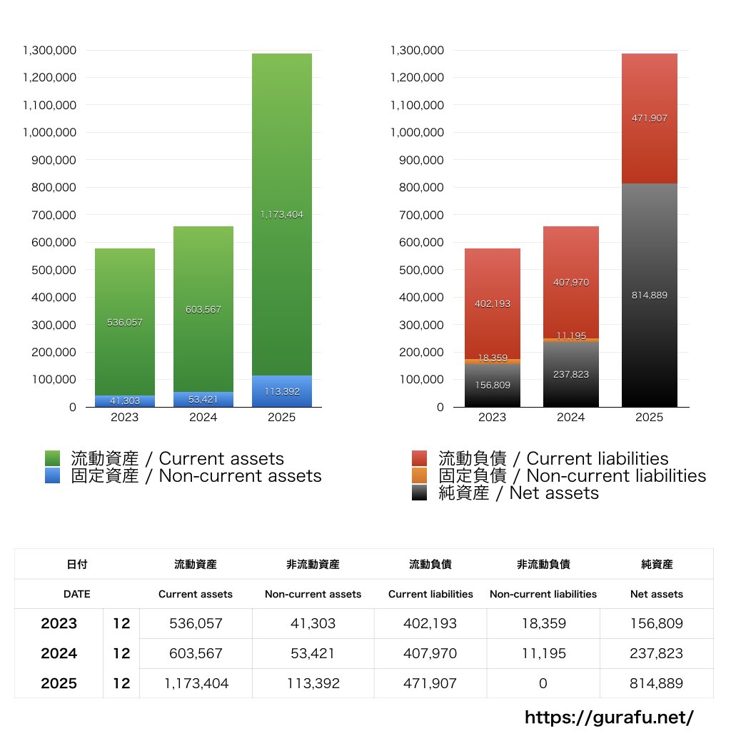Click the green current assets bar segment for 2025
pyautogui.click(x=281, y=214)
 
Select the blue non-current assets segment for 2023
pyautogui.click(x=125, y=401)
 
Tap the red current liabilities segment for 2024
pyautogui.click(x=571, y=282)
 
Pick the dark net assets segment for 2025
pyautogui.click(x=650, y=295)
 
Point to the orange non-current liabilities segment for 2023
pyautogui.click(x=493, y=362)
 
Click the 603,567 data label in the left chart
pyautogui.click(x=203, y=310)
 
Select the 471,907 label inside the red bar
pyautogui.click(x=650, y=119)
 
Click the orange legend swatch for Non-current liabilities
pyautogui.click(x=420, y=476)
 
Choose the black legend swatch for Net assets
pyautogui.click(x=420, y=493)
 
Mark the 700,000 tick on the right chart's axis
pyautogui.click(x=418, y=215)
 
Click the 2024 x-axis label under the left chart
pyautogui.click(x=203, y=418)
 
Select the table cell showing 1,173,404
pyautogui.click(x=196, y=684)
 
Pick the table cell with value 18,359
pyautogui.click(x=543, y=624)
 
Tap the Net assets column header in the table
pyautogui.click(x=657, y=594)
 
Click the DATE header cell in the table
pyautogui.click(x=77, y=594)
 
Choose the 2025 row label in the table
pyautogui.click(x=59, y=684)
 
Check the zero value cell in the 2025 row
pyautogui.click(x=543, y=684)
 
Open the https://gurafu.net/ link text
pyautogui.click(x=609, y=717)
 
